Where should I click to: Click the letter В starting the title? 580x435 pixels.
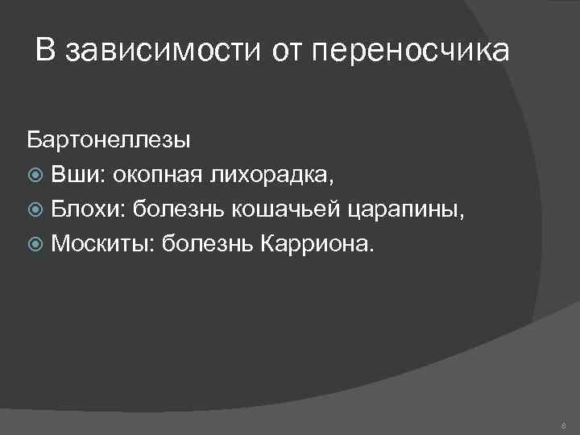46,52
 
